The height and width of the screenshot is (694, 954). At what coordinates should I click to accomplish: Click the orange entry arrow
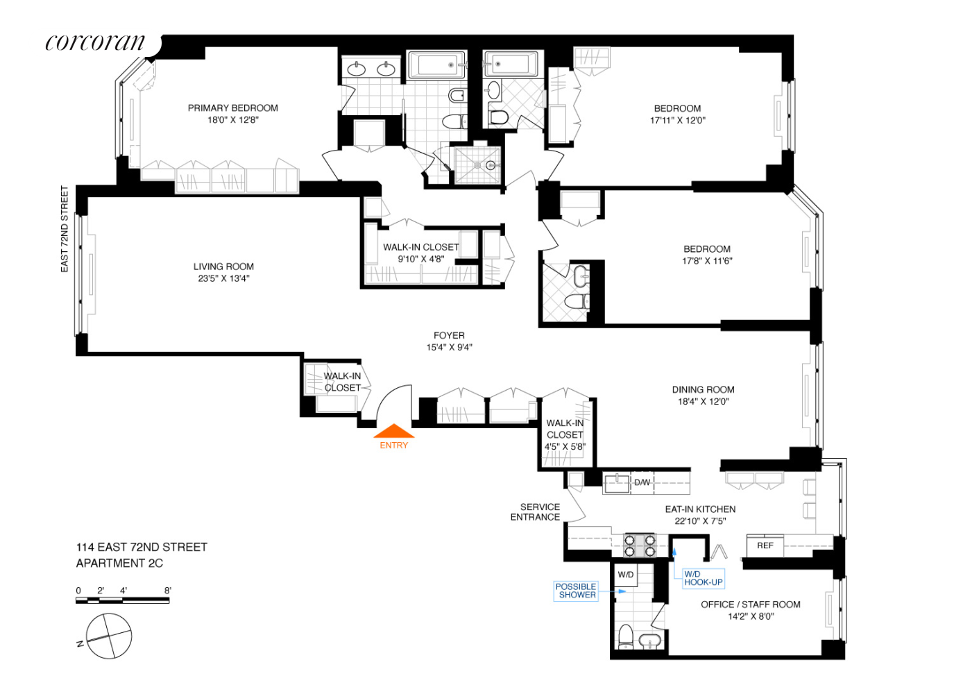point(394,432)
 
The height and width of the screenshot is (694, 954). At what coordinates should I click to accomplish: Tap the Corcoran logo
point(96,43)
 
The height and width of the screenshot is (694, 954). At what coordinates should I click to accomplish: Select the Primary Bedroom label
point(232,108)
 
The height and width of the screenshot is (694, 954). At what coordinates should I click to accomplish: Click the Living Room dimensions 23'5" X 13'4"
point(223,278)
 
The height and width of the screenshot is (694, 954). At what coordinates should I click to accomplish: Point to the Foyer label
point(449,335)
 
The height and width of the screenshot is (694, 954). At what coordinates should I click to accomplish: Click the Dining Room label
point(703,389)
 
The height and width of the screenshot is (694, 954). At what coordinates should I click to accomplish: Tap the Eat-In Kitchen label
point(700,509)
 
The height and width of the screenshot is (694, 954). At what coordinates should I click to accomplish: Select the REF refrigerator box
point(765,545)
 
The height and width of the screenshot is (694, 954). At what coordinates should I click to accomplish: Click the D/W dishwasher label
point(642,482)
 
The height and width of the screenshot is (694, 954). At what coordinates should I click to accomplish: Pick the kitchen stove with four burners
point(639,545)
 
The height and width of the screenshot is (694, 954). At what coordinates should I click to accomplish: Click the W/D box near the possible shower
point(626,575)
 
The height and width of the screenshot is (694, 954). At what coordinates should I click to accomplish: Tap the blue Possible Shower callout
point(577,591)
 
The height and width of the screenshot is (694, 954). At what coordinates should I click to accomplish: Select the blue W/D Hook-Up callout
point(703,578)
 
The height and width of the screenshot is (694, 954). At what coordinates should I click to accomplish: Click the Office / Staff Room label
point(750,604)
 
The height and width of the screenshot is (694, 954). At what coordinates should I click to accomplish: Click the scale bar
point(122,600)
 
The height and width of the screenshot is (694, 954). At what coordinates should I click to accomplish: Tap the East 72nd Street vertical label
point(65,228)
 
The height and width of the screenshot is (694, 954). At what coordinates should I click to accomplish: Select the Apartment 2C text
point(119,564)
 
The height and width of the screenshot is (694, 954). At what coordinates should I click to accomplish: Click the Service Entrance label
point(536,512)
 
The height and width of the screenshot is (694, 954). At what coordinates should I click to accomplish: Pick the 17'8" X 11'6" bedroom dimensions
point(707,261)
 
